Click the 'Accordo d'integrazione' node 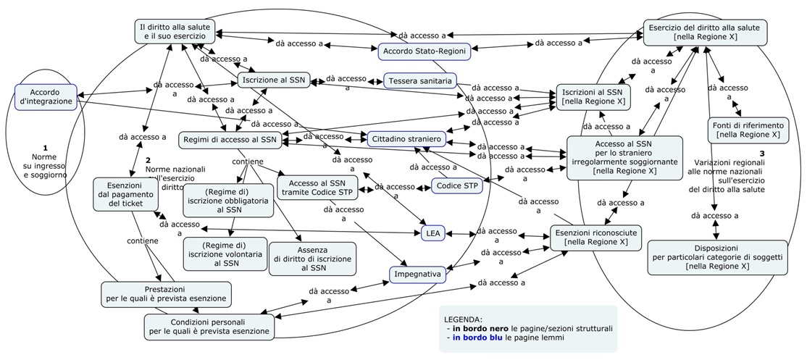pyautogui.click(x=46, y=97)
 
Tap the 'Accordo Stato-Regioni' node pyautogui.click(x=424, y=51)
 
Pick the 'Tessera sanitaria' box pyautogui.click(x=420, y=80)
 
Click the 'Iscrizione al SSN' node pyautogui.click(x=274, y=80)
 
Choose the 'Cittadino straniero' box pyautogui.click(x=406, y=138)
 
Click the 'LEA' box pyautogui.click(x=433, y=233)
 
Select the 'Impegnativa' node pyautogui.click(x=417, y=275)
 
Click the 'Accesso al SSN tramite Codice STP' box pyautogui.click(x=317, y=187)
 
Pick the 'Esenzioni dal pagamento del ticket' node pyautogui.click(x=126, y=194)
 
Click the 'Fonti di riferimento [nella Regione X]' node pyautogui.click(x=748, y=130)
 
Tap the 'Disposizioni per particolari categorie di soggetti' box pyautogui.click(x=716, y=256)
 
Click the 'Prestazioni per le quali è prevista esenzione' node pyautogui.click(x=166, y=293)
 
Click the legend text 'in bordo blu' pyautogui.click(x=477, y=338)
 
